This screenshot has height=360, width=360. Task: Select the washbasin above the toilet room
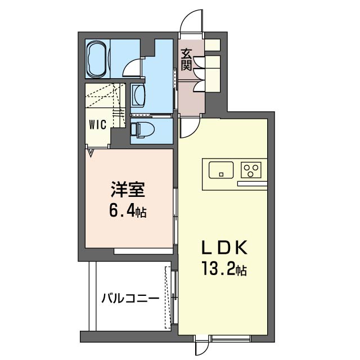pyautogui.click(x=138, y=96)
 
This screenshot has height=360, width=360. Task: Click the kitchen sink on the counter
pyautogui.click(x=222, y=169)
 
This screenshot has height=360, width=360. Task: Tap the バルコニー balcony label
pyautogui.click(x=129, y=299)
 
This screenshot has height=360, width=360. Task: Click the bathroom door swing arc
pyautogui.click(x=131, y=68)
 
